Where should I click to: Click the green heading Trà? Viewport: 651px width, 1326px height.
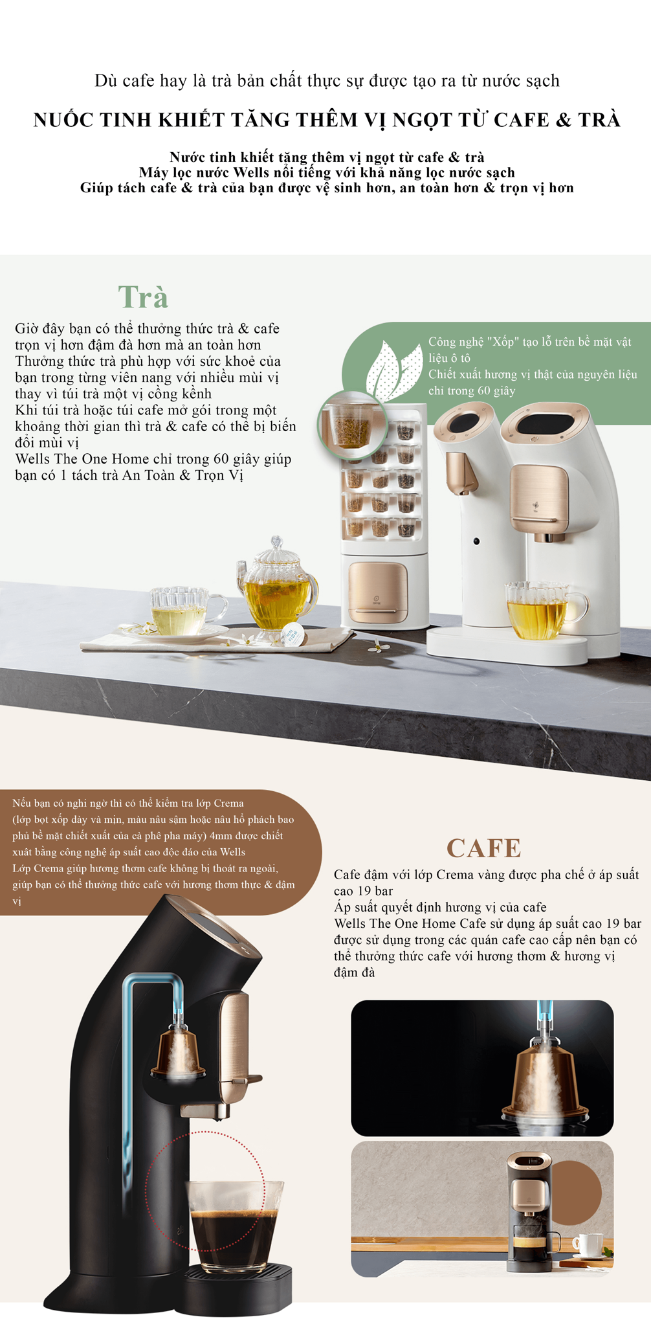click(143, 297)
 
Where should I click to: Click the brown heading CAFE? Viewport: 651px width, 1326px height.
click(483, 848)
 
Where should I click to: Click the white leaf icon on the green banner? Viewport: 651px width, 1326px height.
click(392, 368)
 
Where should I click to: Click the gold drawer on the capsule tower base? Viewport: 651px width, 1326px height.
click(379, 592)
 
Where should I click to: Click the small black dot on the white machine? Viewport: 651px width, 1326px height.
click(476, 541)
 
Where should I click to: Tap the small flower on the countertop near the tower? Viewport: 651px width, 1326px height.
click(375, 646)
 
